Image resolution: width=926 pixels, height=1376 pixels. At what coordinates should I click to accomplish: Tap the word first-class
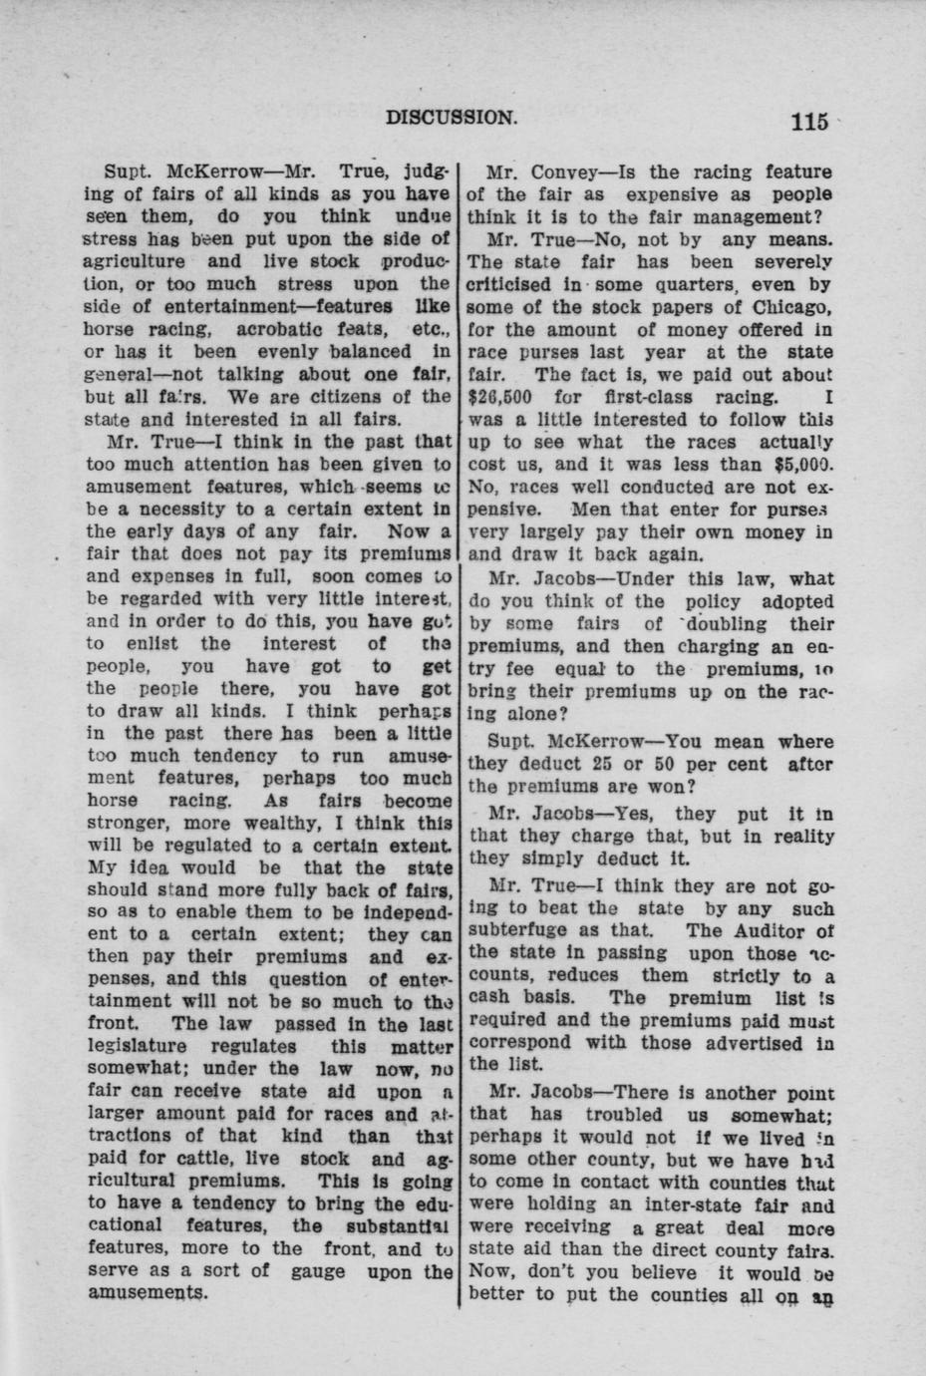[657, 397]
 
